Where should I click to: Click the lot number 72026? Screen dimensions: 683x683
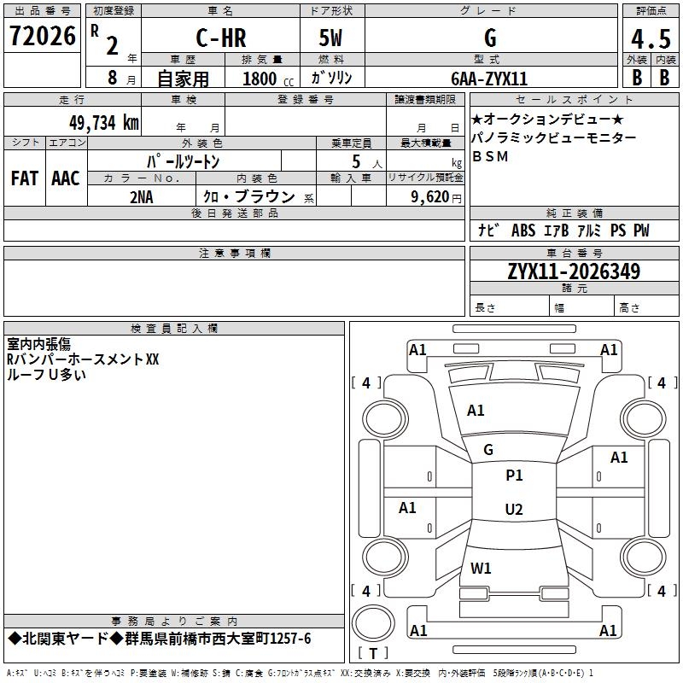tap(43, 36)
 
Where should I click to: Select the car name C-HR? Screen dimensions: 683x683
tap(221, 38)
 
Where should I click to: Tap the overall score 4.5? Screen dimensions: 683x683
tap(651, 38)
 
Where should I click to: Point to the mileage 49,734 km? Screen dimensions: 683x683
tap(103, 122)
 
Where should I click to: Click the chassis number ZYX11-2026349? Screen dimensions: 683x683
tap(574, 271)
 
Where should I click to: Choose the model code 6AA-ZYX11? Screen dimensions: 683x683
tap(489, 79)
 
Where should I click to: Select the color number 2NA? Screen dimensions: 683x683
tap(142, 197)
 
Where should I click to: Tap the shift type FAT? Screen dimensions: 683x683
tap(25, 178)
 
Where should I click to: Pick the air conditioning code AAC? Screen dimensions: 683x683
tap(66, 178)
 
